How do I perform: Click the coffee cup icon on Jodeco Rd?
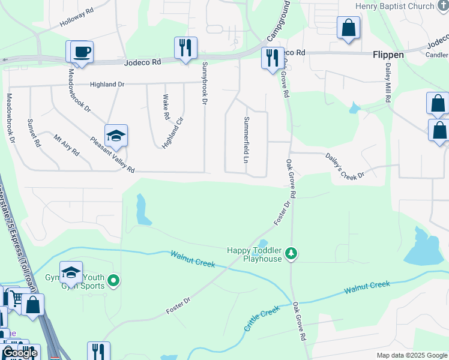pyautogui.click(x=82, y=52)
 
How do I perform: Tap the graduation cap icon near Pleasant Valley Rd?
pyautogui.click(x=116, y=136)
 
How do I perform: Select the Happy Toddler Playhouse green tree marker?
pyautogui.click(x=291, y=254)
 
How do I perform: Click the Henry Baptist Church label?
pyautogui.click(x=394, y=6)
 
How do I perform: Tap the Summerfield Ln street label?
pyautogui.click(x=246, y=140)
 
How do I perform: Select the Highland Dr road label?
pyautogui.click(x=107, y=85)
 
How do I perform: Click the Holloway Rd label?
pyautogui.click(x=77, y=18)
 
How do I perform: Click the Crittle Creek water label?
pyautogui.click(x=262, y=319)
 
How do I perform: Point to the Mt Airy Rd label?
pyautogui.click(x=66, y=145)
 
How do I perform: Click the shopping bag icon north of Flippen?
pyautogui.click(x=348, y=28)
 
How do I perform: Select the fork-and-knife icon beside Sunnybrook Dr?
pyautogui.click(x=185, y=47)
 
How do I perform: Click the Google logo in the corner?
pyautogui.click(x=19, y=353)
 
